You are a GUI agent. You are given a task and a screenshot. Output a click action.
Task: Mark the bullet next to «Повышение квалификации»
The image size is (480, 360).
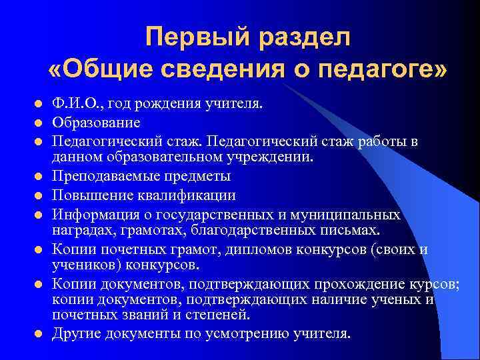[x=39, y=197]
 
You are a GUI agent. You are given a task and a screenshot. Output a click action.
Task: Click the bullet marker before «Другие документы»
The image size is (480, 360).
[x=39, y=333]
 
